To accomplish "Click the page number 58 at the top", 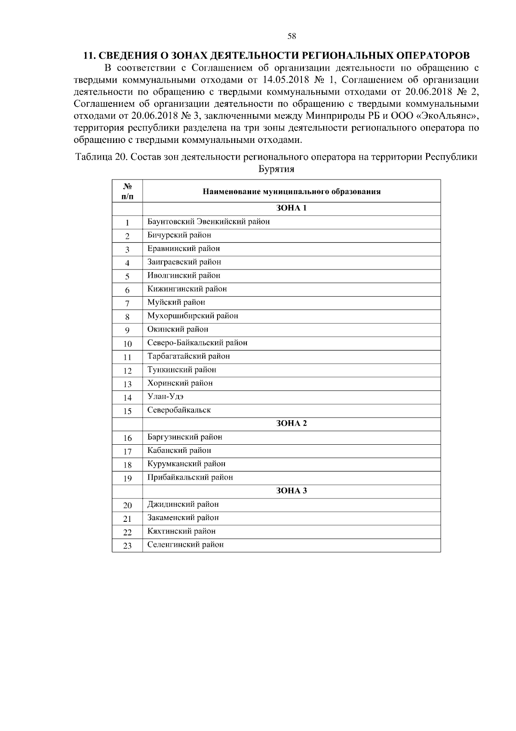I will pos(292,37).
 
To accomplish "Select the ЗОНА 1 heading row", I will pos(291,208).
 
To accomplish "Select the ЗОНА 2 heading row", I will pos(291,424).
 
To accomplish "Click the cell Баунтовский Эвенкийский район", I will pos(209,222).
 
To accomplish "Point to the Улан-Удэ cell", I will pos(166,397).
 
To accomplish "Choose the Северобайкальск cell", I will pos(179,410).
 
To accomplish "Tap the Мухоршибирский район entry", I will pos(193,316).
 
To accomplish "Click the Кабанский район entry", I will pos(179,451).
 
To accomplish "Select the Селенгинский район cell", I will pos(185,545).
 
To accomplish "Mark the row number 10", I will pos(127,344).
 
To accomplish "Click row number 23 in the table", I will pos(127,546).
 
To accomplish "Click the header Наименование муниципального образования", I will pos(291,192).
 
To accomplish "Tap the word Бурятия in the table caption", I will pos(276,169).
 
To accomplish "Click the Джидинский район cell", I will pos(183,505).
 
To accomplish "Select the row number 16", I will pos(127,438).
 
